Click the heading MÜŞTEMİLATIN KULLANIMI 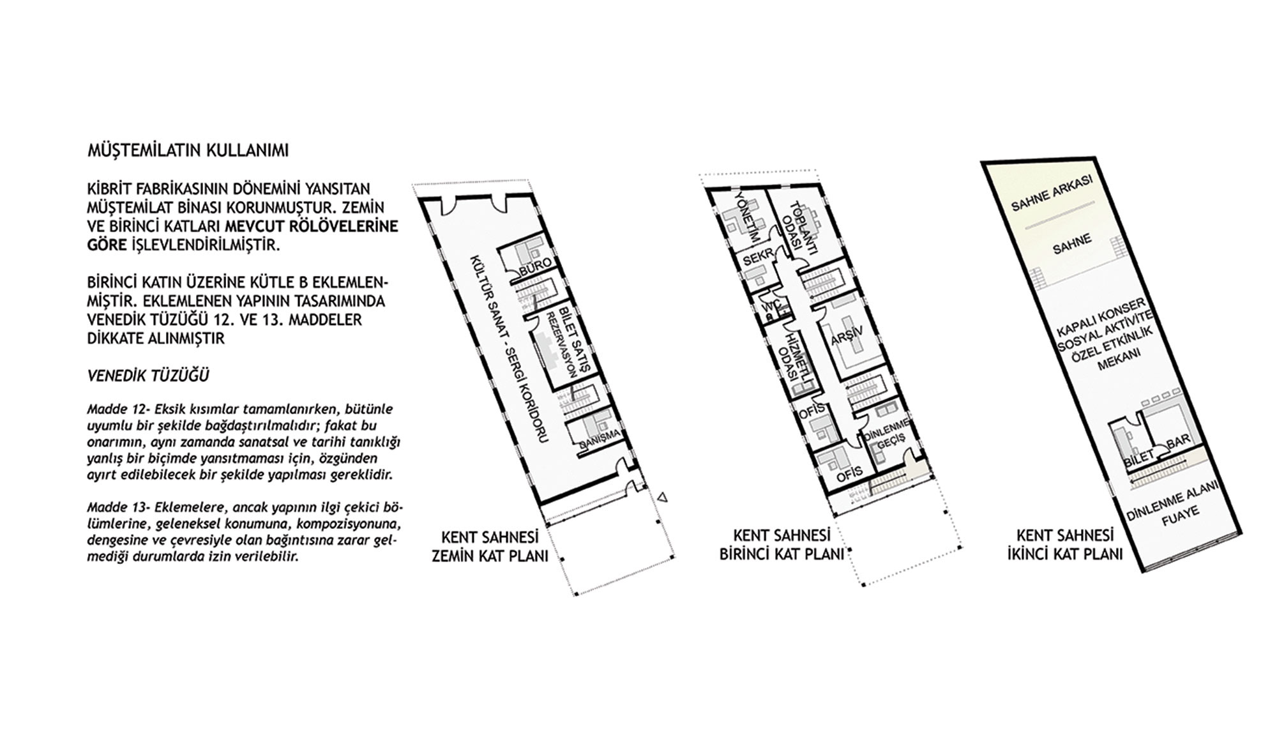(x=188, y=151)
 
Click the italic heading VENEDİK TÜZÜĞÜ (x=148, y=376)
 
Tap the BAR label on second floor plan (x=1177, y=443)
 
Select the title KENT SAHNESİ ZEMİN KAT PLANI (x=490, y=546)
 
